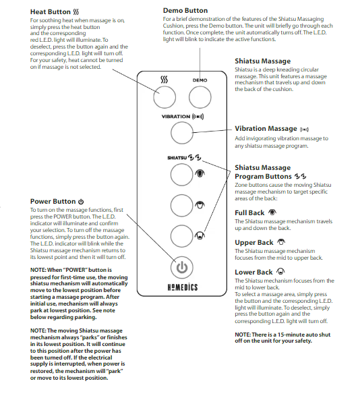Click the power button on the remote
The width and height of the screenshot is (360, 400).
[182, 267]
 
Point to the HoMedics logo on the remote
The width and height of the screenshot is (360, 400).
[183, 287]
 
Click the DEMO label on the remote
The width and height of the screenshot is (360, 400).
[200, 80]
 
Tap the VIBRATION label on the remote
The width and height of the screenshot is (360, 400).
[176, 117]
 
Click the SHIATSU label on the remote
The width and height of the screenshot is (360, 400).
[177, 158]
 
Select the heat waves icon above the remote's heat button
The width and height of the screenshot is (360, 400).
[164, 80]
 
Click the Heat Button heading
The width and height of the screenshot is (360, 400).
[51, 11]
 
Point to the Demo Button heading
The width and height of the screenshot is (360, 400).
[185, 11]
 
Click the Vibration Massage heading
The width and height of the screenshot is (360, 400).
[266, 129]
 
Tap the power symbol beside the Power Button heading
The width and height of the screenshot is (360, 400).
[81, 202]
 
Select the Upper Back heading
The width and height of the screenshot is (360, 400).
[254, 242]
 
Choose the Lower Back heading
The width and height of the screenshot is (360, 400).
[253, 273]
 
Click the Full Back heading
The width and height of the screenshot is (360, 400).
[249, 212]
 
